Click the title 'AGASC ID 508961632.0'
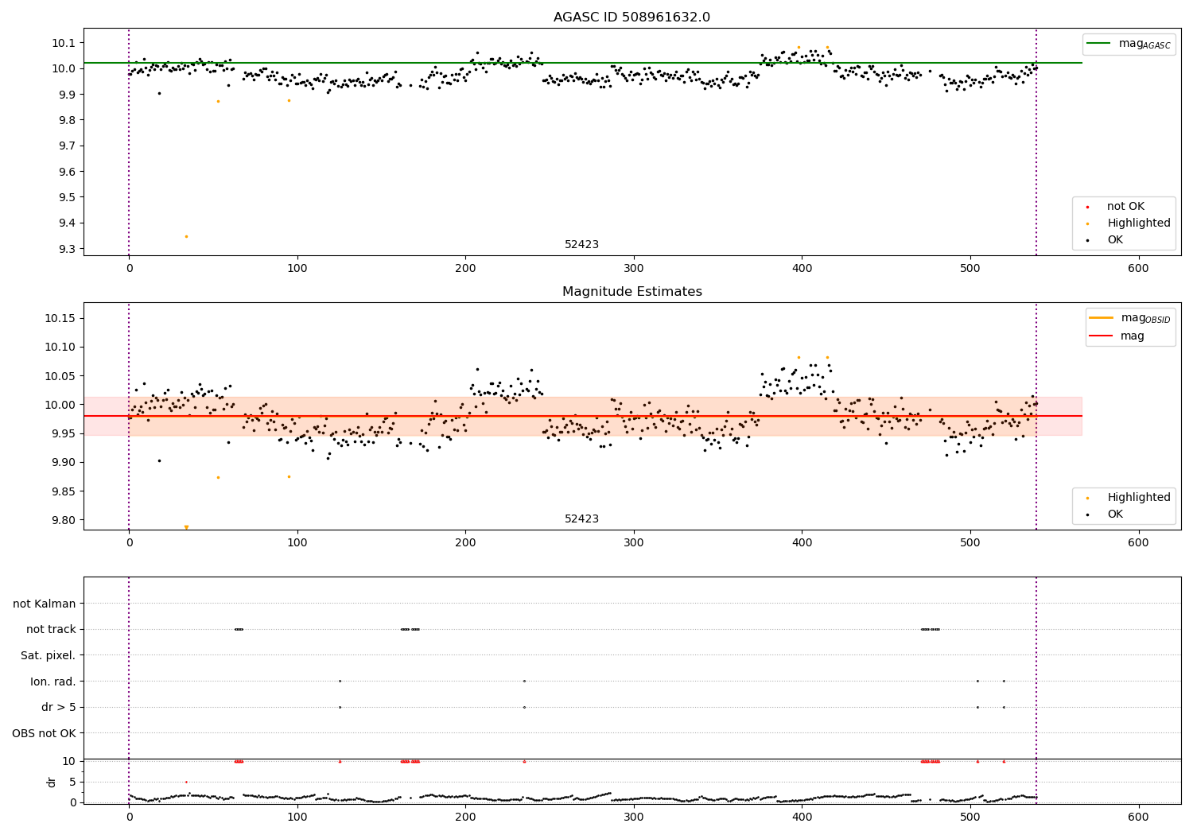[x=631, y=17]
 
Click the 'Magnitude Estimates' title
[x=631, y=292]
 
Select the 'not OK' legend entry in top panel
[x=1125, y=207]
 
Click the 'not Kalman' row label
[x=45, y=604]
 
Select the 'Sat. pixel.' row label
[x=48, y=655]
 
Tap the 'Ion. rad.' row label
[x=52, y=682]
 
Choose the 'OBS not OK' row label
[x=44, y=733]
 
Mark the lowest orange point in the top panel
[x=186, y=236]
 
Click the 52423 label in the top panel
[x=581, y=245]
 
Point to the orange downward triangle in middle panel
[x=186, y=527]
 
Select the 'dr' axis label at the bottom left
[x=52, y=782]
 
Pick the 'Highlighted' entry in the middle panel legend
[x=1138, y=498]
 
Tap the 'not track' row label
[x=51, y=629]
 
